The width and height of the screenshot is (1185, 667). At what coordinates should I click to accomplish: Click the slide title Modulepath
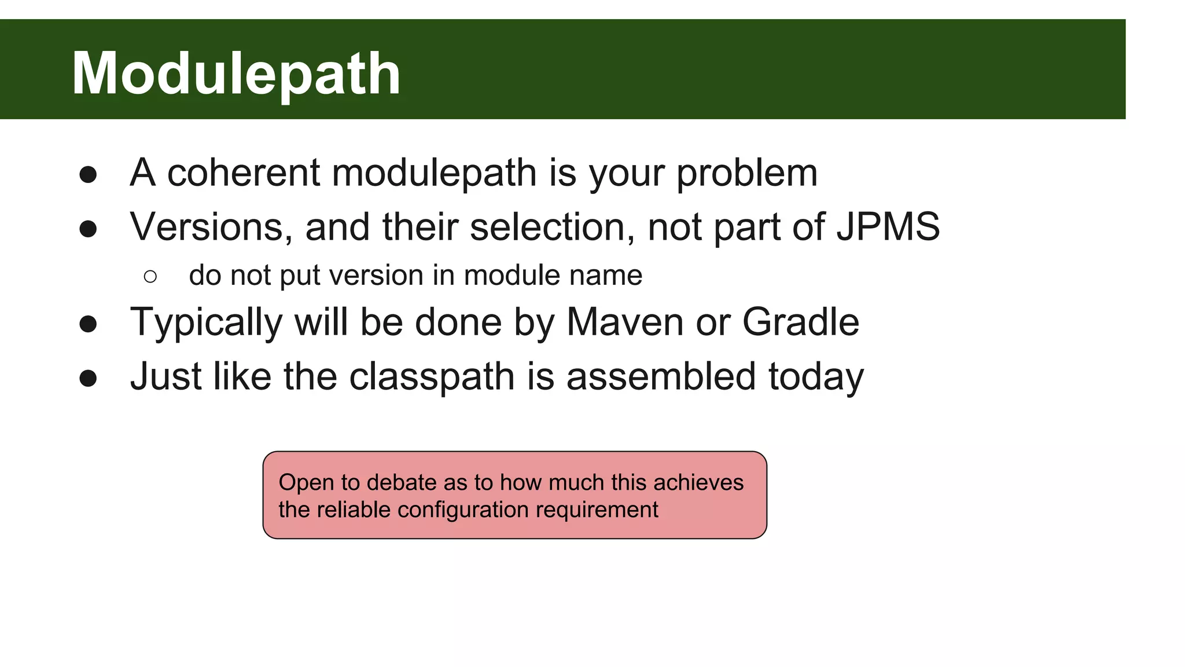coord(235,74)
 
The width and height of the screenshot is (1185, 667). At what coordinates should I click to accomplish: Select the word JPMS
coord(888,226)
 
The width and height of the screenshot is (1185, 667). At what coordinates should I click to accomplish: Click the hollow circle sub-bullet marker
coord(150,276)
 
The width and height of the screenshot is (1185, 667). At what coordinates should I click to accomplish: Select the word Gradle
coord(800,322)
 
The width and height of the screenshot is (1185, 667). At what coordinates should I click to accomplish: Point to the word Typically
coord(206,323)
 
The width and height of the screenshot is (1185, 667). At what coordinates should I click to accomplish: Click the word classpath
coord(432,377)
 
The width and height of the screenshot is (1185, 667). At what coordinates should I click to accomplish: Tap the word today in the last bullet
coord(815,377)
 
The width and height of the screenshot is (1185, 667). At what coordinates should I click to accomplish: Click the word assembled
coord(661,376)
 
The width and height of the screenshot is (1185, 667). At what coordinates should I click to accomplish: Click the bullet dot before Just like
coord(88,379)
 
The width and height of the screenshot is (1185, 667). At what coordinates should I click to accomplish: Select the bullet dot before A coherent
coord(88,175)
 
